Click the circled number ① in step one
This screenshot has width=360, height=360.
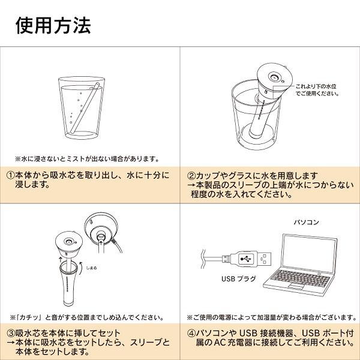(x=11, y=176)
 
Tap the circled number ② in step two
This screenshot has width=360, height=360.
(x=191, y=176)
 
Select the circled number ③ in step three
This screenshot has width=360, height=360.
(x=11, y=333)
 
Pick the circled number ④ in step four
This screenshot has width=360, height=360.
(x=191, y=333)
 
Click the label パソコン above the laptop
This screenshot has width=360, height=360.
(x=308, y=222)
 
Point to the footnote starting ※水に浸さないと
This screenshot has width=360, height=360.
(x=86, y=159)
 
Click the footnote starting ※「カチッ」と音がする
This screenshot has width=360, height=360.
(x=86, y=316)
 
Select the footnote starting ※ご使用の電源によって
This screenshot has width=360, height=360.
(x=269, y=316)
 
